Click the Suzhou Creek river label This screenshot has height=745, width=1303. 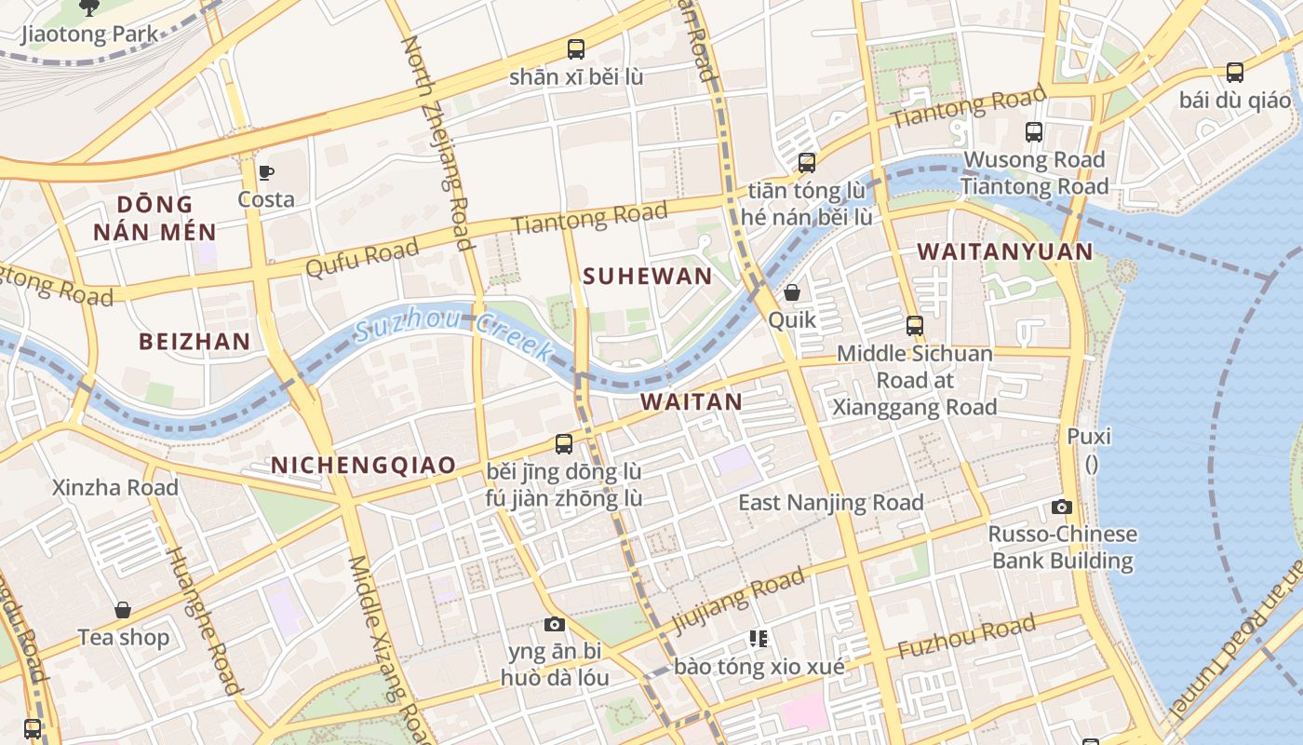point(453,333)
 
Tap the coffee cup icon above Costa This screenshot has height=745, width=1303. point(266,172)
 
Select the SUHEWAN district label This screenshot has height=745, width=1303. point(648,276)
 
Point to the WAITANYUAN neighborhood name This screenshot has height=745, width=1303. point(1005,251)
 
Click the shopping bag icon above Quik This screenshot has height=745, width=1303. point(792,292)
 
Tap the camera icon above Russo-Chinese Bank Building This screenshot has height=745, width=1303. point(1062,508)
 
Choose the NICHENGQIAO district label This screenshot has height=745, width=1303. point(364,465)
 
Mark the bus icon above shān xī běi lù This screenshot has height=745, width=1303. point(576,48)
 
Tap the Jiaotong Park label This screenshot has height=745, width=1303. point(89,35)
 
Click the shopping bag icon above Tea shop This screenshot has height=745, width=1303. point(123,610)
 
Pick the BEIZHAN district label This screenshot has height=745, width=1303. point(195,341)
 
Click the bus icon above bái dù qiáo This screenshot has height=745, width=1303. point(1235,72)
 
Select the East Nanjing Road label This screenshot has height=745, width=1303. point(830,503)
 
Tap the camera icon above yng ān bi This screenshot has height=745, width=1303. point(555,624)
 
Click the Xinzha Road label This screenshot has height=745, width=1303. point(115,487)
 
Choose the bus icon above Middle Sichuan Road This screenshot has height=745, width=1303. point(915,326)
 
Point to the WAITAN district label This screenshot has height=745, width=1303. point(692,401)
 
